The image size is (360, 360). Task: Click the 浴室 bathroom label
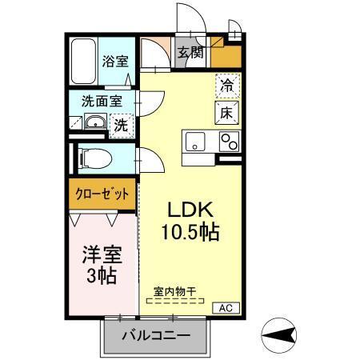114,61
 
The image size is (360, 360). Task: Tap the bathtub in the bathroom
83,60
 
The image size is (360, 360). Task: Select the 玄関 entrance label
190,54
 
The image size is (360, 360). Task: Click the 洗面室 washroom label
101,102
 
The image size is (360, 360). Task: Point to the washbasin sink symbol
94,122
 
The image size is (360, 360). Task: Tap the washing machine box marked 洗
119,124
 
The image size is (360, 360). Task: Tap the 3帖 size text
100,277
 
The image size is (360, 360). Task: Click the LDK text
190,209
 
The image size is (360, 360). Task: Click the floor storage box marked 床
226,112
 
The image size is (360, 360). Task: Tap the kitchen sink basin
194,142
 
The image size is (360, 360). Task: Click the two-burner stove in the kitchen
229,142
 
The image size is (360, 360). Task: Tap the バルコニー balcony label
156,336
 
